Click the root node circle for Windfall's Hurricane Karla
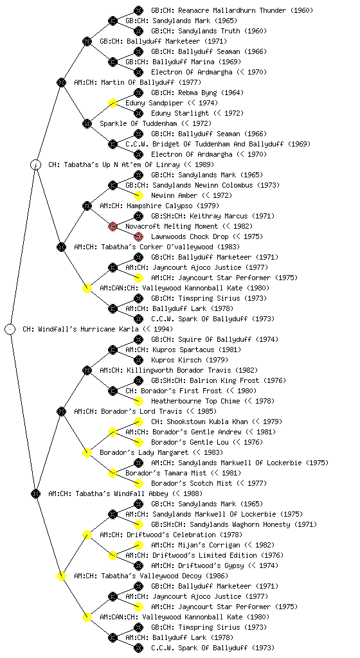(x=10, y=330)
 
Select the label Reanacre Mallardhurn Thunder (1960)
(x=232, y=10)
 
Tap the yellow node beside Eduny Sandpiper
(x=113, y=103)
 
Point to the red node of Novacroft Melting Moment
(x=113, y=227)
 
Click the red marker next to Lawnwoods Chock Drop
(x=138, y=236)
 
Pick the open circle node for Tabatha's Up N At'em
(x=36, y=165)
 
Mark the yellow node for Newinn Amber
(x=138, y=195)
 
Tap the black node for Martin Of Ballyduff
(x=61, y=82)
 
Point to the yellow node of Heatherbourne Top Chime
(x=138, y=401)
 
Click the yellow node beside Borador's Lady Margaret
(x=87, y=453)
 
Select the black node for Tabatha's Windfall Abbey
(x=35, y=494)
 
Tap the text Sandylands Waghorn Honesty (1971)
(x=234, y=524)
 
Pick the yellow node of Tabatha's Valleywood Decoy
(x=61, y=576)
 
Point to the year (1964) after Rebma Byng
(x=232, y=93)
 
